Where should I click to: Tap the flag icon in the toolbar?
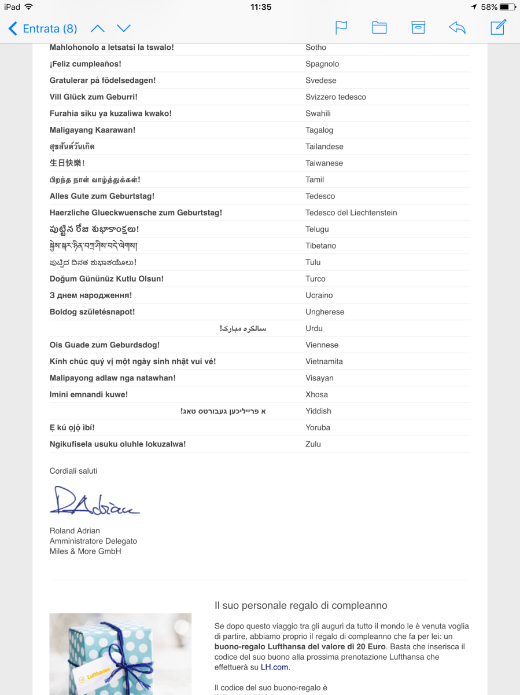[x=341, y=27]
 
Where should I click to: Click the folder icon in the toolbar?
[x=379, y=27]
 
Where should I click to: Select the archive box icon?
[x=418, y=27]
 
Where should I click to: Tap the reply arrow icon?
[x=457, y=27]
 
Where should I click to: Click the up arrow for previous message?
[x=98, y=28]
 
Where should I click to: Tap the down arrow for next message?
[x=124, y=28]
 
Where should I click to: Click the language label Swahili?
[x=318, y=114]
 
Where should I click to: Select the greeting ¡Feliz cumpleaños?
[x=86, y=64]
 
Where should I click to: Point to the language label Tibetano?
[x=320, y=246]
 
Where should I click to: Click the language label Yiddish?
[x=318, y=411]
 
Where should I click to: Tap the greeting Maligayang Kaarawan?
[x=93, y=130]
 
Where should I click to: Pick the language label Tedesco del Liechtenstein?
[x=351, y=213]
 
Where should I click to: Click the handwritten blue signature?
[x=94, y=502]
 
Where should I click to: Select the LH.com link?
[x=274, y=667]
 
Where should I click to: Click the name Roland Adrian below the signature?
[x=75, y=531]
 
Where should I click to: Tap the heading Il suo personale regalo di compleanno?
[x=301, y=606]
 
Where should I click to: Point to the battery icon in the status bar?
[x=508, y=7]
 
